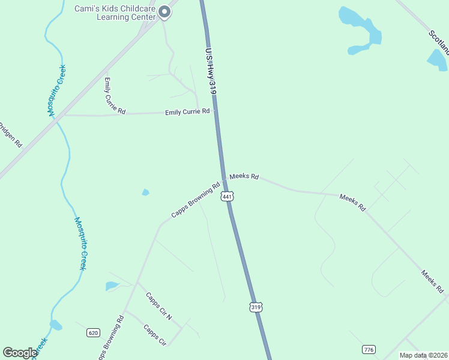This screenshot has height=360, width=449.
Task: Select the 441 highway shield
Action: click(226, 197)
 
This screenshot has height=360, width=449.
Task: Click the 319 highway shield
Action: click(256, 307)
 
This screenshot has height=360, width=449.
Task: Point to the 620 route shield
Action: click(92, 332)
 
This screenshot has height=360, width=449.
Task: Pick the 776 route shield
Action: click(369, 349)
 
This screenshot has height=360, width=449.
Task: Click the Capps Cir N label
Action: click(159, 306)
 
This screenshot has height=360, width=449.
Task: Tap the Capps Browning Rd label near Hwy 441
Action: click(196, 202)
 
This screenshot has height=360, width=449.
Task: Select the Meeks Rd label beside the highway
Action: click(244, 176)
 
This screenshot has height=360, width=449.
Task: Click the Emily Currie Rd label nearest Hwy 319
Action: click(187, 112)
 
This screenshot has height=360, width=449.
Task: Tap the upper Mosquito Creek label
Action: click(57, 90)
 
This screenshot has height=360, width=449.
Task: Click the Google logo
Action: click(20, 353)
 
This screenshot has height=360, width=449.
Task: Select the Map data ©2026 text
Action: click(423, 355)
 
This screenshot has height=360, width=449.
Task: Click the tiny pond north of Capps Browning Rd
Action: click(145, 193)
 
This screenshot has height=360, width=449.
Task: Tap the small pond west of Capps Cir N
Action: click(112, 286)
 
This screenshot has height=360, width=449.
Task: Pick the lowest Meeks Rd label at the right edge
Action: click(432, 281)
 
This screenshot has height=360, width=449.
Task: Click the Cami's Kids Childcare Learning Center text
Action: click(114, 13)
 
